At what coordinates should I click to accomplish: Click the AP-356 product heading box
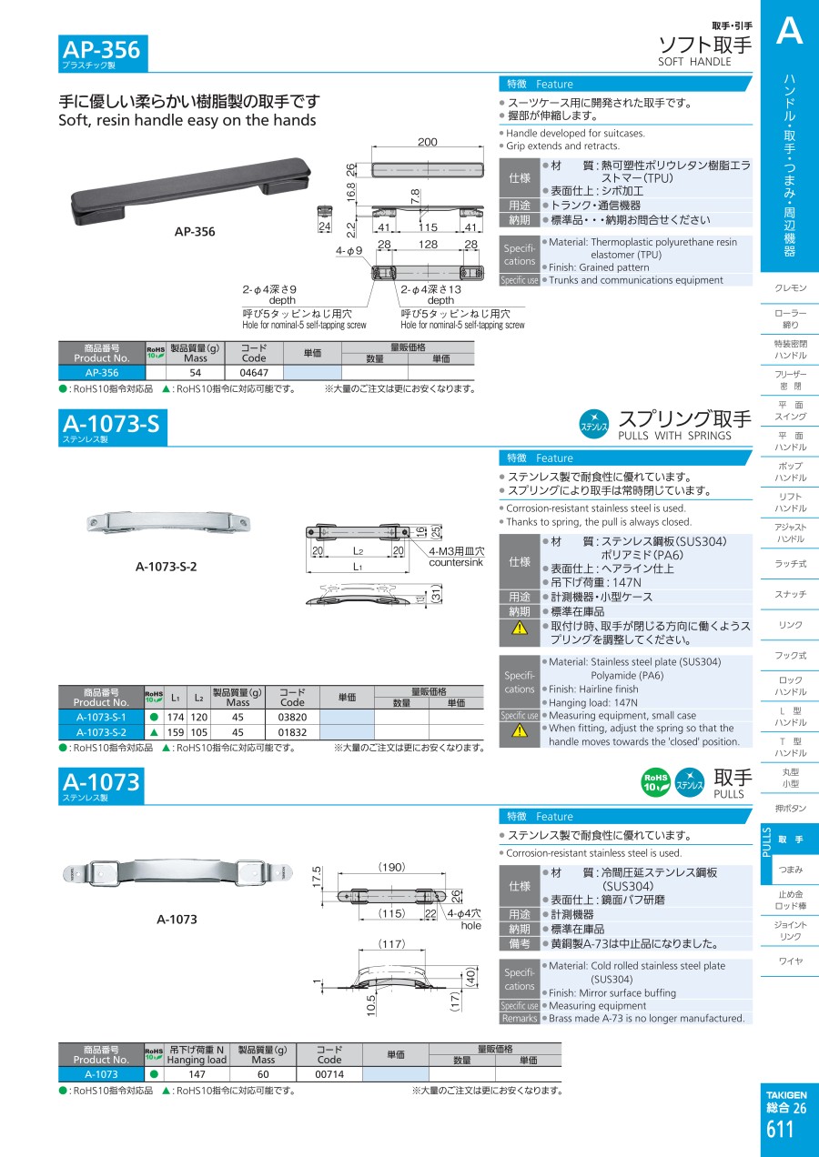click(x=103, y=53)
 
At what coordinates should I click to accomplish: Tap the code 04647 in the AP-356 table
click(x=254, y=372)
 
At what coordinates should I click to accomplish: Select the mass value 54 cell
click(x=196, y=372)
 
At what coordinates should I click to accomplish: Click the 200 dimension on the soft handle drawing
click(x=428, y=142)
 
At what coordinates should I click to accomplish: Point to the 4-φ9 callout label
click(x=349, y=251)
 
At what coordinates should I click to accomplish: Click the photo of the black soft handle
click(x=191, y=191)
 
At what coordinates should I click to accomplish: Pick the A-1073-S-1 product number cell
click(x=101, y=717)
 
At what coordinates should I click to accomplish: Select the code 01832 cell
click(x=292, y=732)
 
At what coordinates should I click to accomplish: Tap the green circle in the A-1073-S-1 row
click(x=154, y=717)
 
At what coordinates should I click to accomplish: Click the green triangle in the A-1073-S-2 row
click(x=154, y=732)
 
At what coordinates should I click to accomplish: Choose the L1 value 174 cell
click(x=176, y=717)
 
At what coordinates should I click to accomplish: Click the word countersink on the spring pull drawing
click(x=456, y=562)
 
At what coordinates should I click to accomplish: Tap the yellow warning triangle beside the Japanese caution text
click(x=520, y=628)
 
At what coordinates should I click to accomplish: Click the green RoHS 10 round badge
click(x=656, y=783)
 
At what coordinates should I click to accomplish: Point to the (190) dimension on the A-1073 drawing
click(x=391, y=867)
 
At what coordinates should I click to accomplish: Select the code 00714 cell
click(x=329, y=1074)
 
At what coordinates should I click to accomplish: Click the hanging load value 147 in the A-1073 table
click(x=197, y=1074)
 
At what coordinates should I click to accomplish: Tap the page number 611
click(x=780, y=1129)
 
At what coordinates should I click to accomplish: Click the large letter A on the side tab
click(x=789, y=30)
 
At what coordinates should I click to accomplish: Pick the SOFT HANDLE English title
click(x=694, y=62)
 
